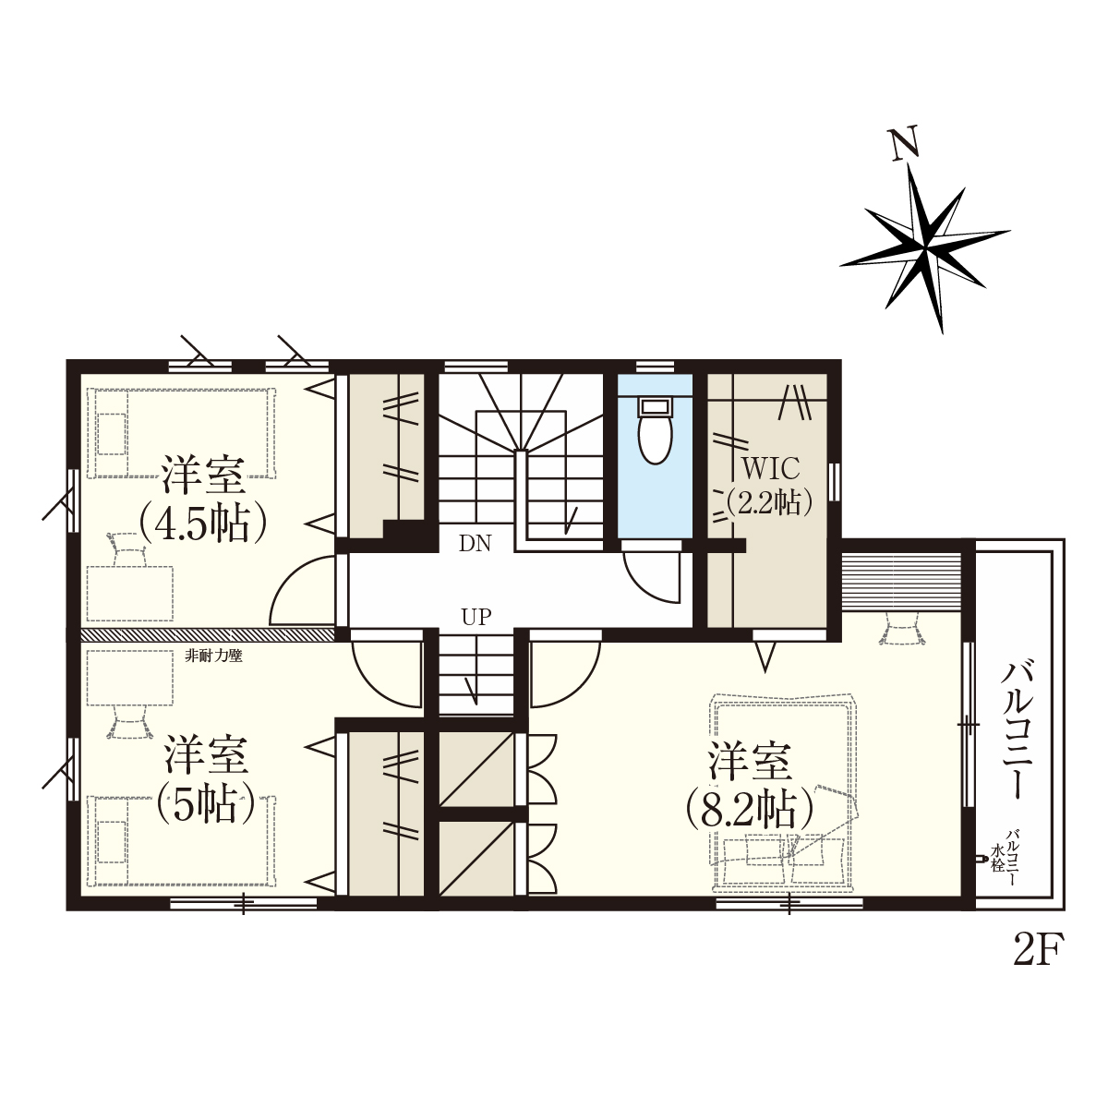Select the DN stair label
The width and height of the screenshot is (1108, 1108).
click(x=476, y=543)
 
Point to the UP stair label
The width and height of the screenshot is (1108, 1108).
click(x=476, y=617)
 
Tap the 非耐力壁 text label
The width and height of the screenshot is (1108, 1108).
click(x=213, y=656)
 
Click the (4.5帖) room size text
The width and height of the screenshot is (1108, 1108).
click(x=203, y=524)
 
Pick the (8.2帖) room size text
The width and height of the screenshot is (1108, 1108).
click(x=749, y=809)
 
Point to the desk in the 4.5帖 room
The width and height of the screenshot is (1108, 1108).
click(x=130, y=593)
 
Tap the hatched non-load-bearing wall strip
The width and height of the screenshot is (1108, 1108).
click(x=208, y=633)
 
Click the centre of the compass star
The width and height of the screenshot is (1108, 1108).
click(x=925, y=250)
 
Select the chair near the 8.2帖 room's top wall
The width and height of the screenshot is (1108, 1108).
click(x=902, y=628)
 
